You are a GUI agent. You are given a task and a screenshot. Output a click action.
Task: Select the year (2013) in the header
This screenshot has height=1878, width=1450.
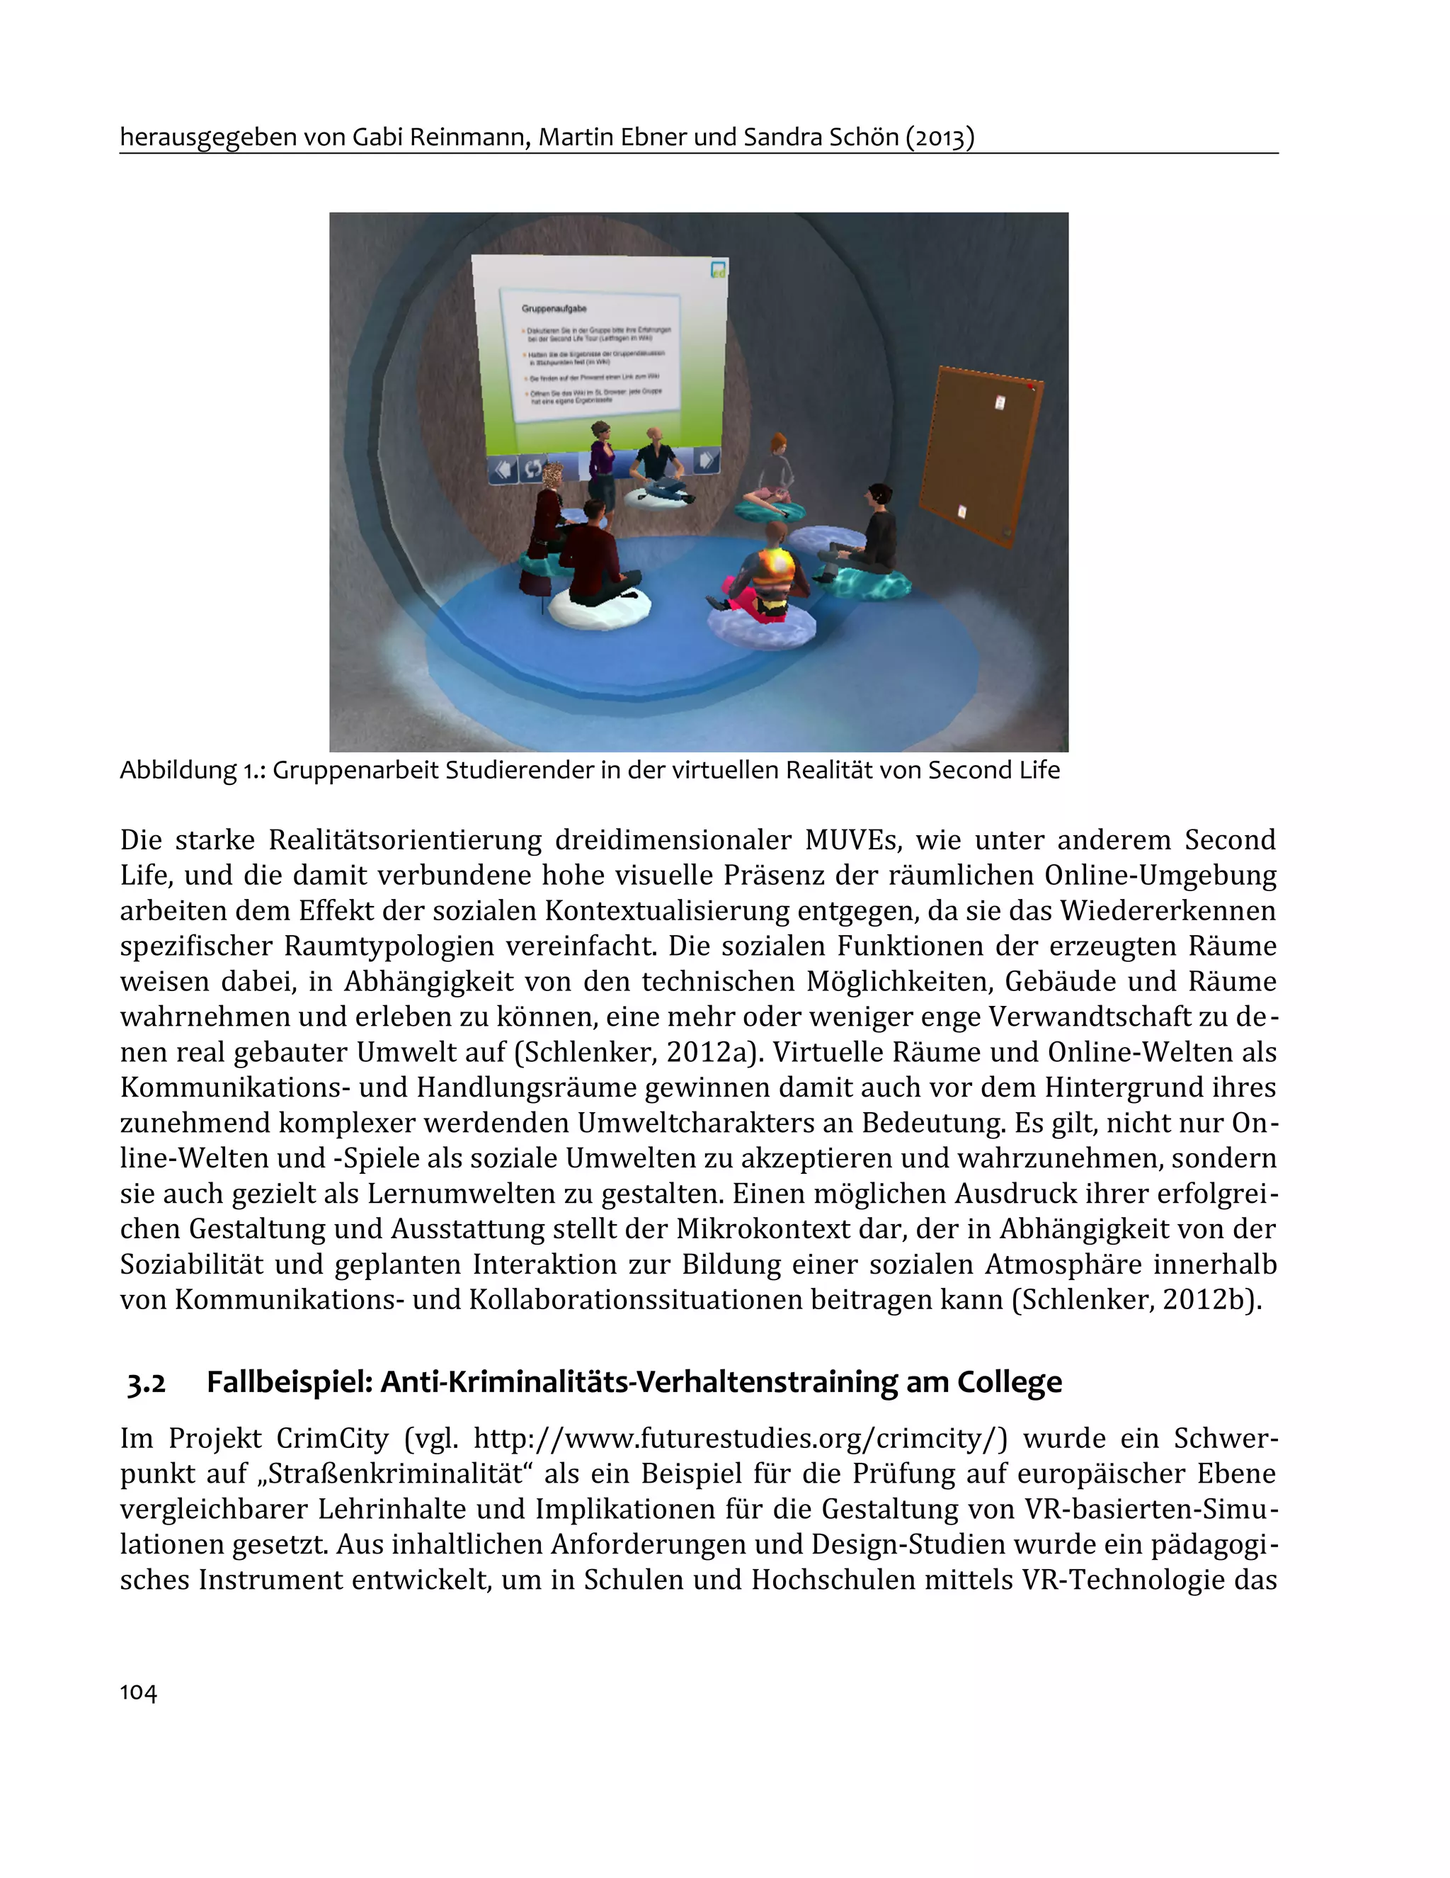[940, 137]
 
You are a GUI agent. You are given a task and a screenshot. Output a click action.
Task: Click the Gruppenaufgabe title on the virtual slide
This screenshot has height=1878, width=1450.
[554, 308]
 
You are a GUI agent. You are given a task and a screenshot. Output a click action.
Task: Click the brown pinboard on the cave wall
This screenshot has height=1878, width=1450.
[980, 453]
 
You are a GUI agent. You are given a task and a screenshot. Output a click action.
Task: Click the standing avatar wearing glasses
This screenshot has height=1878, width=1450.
[603, 464]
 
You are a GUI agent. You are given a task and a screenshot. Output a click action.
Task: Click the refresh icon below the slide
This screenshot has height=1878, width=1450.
[533, 468]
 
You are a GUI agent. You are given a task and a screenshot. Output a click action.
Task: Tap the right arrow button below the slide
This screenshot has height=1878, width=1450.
[706, 460]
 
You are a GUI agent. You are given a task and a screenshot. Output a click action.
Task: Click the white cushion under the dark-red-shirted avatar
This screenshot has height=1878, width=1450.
[600, 606]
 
